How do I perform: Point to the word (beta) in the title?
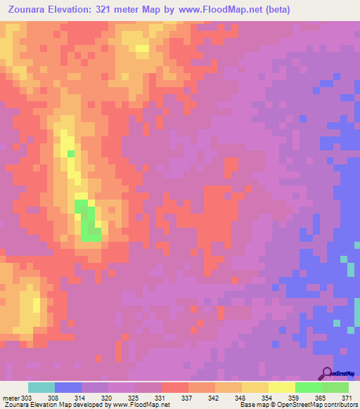click(275, 10)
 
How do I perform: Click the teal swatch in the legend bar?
click(41, 387)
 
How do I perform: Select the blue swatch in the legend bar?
click(68, 387)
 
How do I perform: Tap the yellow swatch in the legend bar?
click(282, 387)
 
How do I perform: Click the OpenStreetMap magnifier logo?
click(326, 372)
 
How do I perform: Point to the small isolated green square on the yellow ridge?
click(70, 153)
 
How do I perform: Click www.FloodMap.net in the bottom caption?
click(143, 405)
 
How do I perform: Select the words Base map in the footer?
click(252, 405)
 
